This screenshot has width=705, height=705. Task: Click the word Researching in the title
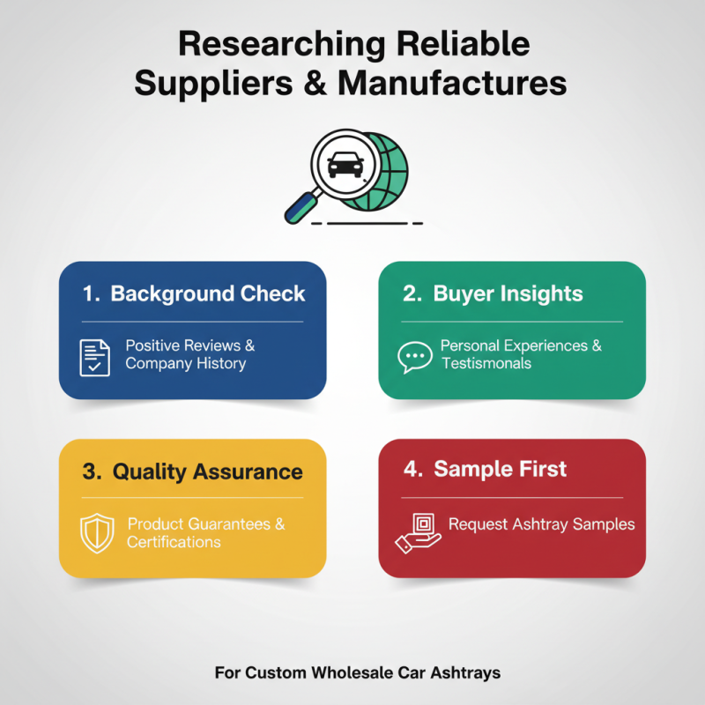coord(282,46)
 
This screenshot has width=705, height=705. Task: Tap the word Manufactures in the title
coord(452,83)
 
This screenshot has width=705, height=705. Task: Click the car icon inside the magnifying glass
coord(345,164)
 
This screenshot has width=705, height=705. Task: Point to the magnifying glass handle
coord(301,207)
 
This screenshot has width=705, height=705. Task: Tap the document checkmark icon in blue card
coord(94,358)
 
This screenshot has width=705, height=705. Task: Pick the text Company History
coord(186,363)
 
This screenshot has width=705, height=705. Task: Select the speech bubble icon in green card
coord(415,357)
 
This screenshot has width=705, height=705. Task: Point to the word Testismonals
coord(486,363)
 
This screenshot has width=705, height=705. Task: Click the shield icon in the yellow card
coord(97,533)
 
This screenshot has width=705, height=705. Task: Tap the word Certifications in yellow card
coord(174,542)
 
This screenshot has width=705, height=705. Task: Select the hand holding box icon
coord(418,533)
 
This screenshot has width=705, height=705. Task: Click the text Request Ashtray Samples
coord(542,524)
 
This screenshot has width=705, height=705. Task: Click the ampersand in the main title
coord(315,83)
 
